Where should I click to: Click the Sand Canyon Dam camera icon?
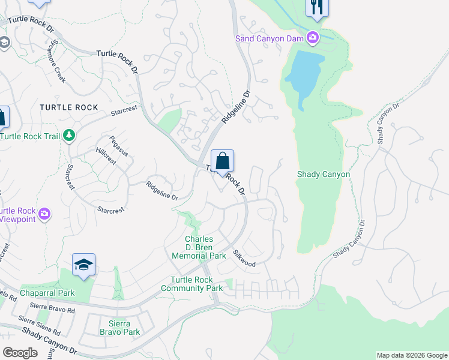pyautogui.click(x=312, y=38)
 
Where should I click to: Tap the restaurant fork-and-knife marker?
pyautogui.click(x=316, y=8)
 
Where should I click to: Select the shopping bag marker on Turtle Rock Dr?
pyautogui.click(x=222, y=161)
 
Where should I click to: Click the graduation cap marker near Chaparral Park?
pyautogui.click(x=84, y=265)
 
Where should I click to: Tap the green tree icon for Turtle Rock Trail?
pyautogui.click(x=70, y=136)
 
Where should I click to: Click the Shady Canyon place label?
pyautogui.click(x=324, y=175)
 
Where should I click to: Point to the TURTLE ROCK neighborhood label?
pyautogui.click(x=68, y=107)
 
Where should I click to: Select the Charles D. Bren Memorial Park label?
pyautogui.click(x=199, y=247)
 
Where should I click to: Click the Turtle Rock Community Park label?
pyautogui.click(x=191, y=284)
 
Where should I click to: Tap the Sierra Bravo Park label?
pyautogui.click(x=119, y=327)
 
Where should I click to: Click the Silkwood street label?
pyautogui.click(x=244, y=259)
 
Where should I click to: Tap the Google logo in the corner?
pyautogui.click(x=20, y=352)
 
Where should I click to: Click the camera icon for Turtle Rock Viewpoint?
pyautogui.click(x=44, y=214)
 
